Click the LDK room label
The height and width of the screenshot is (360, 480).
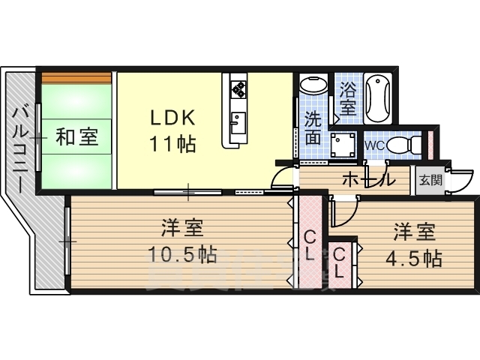point(173,118)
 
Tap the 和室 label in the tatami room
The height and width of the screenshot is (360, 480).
point(77,136)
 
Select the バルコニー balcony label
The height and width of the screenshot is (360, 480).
point(20,150)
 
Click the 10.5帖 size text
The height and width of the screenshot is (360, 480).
point(182,254)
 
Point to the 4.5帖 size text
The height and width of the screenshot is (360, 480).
point(414,259)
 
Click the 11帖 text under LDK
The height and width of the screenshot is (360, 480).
point(173,144)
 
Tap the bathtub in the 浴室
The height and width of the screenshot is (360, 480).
point(378,98)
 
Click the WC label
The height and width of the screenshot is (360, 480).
point(375,145)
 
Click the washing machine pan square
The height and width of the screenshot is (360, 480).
point(343,145)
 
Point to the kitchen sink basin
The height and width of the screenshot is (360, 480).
point(238,123)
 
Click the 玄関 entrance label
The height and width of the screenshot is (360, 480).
point(431,180)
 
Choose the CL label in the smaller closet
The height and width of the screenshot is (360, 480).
point(339,263)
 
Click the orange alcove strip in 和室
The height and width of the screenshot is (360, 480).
point(76,78)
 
